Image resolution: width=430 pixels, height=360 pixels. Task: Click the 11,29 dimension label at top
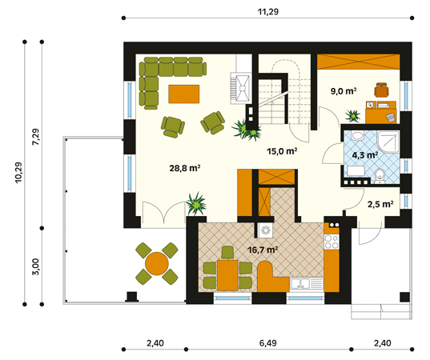(268, 12)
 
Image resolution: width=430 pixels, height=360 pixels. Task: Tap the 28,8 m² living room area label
(184, 168)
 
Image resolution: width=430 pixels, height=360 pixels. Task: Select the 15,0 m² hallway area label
(282, 151)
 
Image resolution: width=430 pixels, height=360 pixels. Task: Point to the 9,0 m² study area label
(344, 90)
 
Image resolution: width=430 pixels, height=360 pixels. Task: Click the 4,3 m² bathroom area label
(364, 155)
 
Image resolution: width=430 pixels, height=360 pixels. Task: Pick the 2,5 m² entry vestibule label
(380, 204)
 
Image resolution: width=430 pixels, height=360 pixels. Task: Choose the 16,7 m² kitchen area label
(263, 250)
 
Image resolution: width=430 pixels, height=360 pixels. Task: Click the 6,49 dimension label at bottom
(268, 342)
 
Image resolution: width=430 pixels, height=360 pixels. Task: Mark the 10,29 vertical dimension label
(18, 173)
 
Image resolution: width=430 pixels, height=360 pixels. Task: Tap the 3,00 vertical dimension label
(36, 266)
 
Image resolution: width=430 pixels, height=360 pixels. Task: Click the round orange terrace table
(157, 263)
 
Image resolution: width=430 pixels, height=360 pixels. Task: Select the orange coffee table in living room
(183, 94)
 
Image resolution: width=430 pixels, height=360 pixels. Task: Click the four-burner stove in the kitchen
(332, 242)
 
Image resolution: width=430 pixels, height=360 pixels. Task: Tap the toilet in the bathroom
(380, 175)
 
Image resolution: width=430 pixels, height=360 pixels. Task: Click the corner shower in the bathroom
(388, 142)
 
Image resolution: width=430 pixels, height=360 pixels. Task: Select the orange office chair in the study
(381, 90)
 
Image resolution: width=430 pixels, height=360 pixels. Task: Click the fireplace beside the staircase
(241, 88)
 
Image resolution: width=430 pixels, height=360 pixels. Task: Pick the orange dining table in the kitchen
(227, 275)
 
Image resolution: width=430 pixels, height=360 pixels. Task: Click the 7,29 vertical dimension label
(36, 137)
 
